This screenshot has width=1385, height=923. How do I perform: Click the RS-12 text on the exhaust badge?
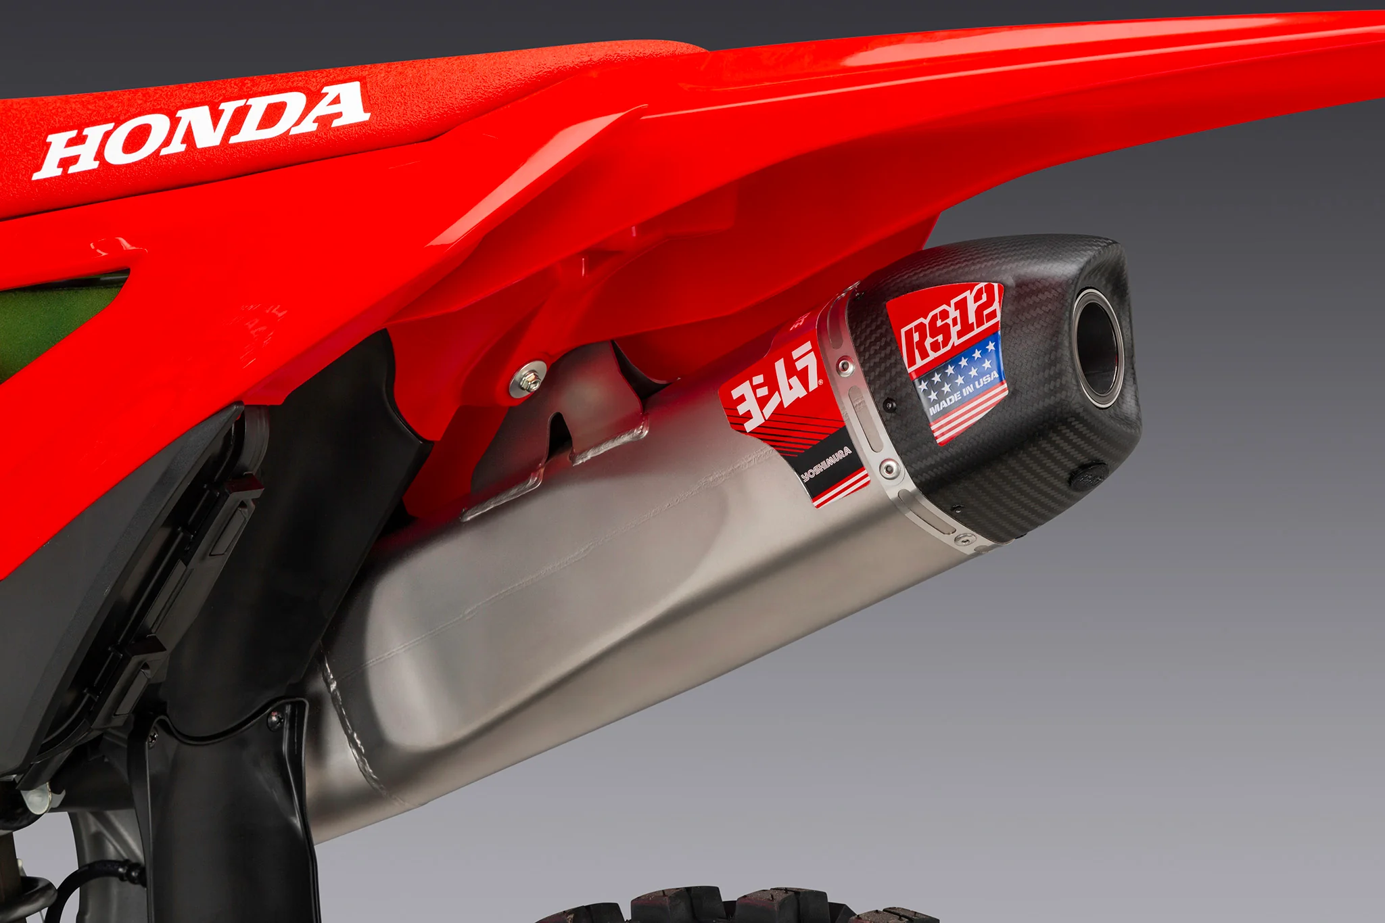950,330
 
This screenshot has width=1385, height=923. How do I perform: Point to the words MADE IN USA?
963,393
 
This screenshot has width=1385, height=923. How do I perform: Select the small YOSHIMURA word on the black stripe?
826,463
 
